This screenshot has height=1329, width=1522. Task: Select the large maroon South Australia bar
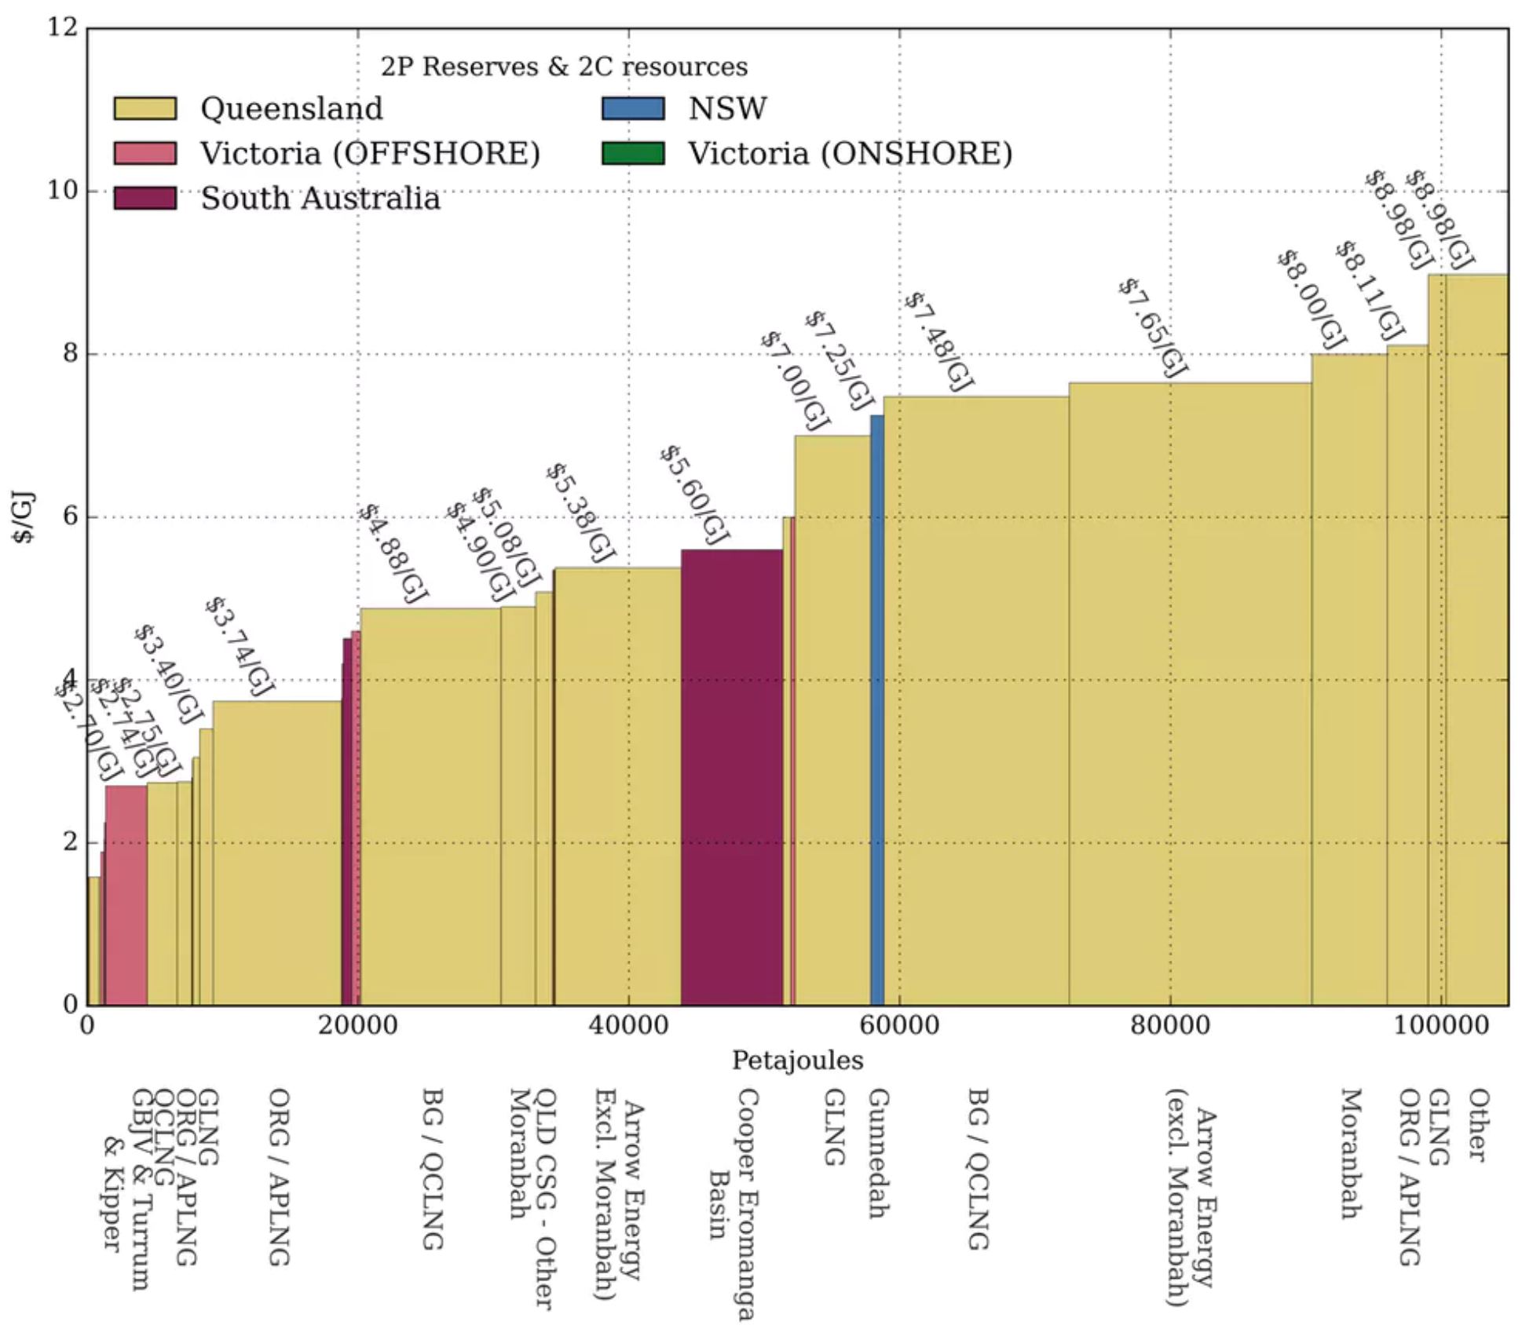pos(731,777)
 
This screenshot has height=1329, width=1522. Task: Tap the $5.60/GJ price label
pos(694,495)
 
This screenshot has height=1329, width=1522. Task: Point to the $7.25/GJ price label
pos(839,360)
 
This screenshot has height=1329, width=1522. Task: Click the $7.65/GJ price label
pos(1152,327)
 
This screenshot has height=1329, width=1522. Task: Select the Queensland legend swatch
pos(145,108)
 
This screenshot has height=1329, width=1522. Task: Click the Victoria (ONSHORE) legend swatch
pos(633,153)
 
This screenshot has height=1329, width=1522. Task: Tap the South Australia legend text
pos(320,199)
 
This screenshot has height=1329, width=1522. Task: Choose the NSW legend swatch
pos(633,108)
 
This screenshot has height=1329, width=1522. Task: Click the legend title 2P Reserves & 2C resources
pos(564,67)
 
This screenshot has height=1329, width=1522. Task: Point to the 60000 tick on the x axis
pos(899,1025)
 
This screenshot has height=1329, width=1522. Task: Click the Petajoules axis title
pos(797,1061)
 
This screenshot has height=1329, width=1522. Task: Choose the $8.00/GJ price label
pos(1310,299)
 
